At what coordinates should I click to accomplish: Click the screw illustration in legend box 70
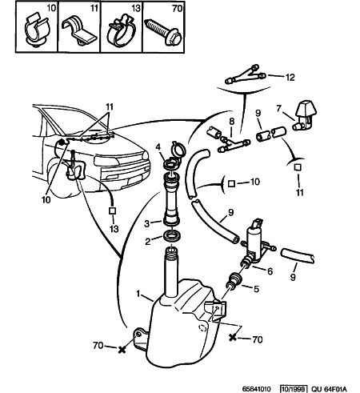[164, 31]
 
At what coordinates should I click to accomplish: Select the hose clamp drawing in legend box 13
[122, 31]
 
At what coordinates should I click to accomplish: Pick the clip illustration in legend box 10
[37, 31]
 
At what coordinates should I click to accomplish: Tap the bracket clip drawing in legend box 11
[79, 31]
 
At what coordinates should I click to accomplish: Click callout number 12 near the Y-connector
[290, 78]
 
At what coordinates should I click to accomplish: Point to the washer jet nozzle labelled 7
[305, 115]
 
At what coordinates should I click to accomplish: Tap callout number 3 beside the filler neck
[146, 223]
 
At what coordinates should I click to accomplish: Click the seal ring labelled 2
[173, 236]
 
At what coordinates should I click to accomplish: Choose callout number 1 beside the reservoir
[138, 294]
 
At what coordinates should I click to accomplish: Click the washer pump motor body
[254, 243]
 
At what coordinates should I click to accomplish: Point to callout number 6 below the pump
[270, 271]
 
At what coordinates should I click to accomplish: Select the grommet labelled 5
[234, 280]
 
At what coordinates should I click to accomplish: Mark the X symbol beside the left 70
[122, 349]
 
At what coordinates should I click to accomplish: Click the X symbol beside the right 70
[233, 337]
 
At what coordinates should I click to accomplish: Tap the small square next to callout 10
[231, 184]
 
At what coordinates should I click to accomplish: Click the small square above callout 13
[112, 211]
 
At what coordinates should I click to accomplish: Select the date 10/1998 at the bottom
[294, 388]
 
